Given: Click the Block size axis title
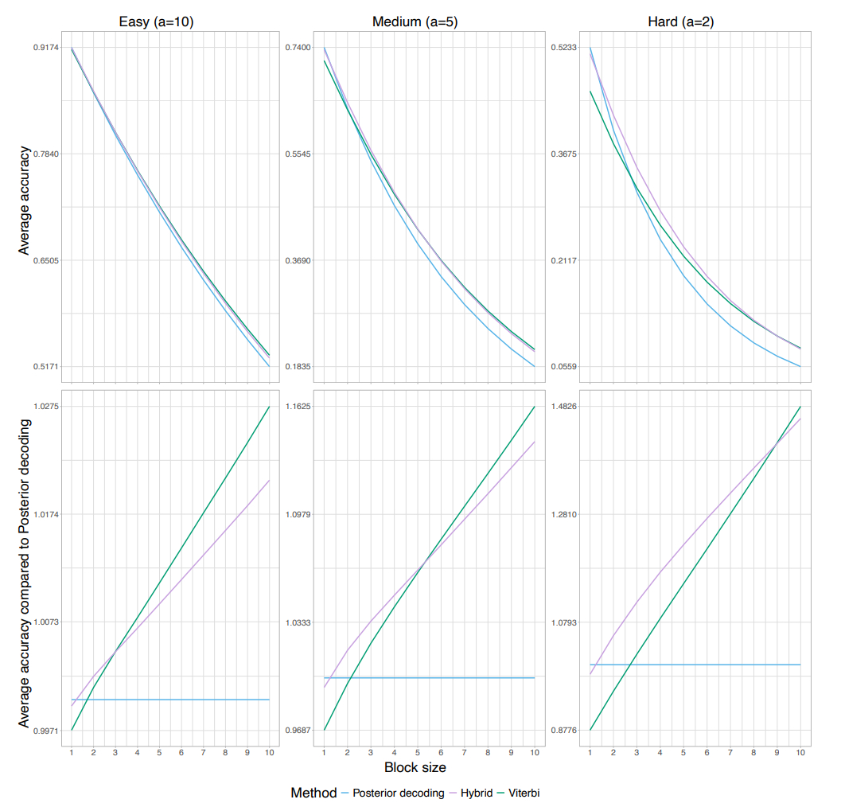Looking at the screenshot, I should click(x=415, y=768).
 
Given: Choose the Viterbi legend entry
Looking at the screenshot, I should click(x=526, y=793).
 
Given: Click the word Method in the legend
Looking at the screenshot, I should click(x=313, y=793).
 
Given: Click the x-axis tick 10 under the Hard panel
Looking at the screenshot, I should click(x=800, y=751).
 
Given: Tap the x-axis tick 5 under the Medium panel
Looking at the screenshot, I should click(x=417, y=751).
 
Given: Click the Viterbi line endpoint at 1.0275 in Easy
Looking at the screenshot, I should click(x=270, y=407).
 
